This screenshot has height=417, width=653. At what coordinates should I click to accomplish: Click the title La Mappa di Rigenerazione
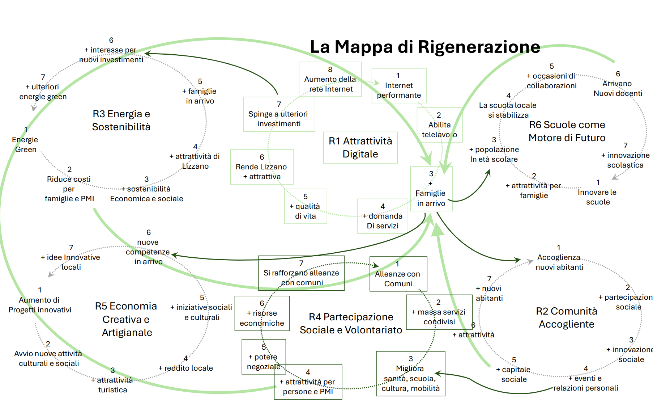425,47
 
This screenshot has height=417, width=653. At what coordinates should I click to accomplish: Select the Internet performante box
399,86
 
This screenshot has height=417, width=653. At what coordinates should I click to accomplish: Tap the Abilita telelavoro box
439,125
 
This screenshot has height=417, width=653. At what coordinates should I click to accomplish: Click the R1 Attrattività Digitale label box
360,148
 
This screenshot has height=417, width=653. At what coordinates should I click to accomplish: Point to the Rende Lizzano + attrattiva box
261,167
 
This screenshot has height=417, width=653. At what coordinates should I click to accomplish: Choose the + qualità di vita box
306,206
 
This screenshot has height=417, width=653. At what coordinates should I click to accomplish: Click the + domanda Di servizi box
383,216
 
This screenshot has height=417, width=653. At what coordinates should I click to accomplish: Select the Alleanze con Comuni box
398,274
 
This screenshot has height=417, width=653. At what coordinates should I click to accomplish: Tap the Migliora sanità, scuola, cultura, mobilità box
410,374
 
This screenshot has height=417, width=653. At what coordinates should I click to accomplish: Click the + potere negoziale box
264,357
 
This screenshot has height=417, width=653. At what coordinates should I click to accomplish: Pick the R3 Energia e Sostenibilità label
121,121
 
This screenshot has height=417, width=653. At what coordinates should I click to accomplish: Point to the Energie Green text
25,144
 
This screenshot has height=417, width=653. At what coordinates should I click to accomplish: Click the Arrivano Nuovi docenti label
618,88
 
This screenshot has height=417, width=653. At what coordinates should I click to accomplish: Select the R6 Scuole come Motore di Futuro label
567,131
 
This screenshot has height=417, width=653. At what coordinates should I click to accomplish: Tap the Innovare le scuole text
597,197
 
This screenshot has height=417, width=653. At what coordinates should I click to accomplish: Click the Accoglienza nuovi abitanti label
559,262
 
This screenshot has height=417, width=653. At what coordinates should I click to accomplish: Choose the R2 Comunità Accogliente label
566,318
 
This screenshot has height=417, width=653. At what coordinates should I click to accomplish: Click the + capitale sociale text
513,374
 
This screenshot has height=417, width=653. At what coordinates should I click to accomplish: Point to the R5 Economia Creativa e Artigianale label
126,319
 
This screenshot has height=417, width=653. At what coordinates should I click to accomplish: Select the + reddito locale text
186,368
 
